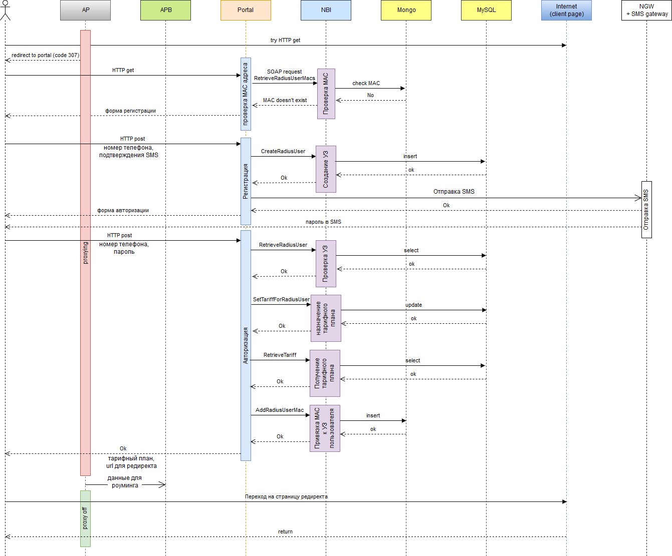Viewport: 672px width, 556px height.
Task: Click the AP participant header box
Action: (x=85, y=10)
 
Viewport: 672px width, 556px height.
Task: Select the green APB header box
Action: (x=165, y=10)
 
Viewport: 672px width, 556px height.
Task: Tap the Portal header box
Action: (x=246, y=10)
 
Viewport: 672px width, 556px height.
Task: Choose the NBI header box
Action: (x=326, y=10)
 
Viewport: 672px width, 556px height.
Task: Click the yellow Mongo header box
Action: (x=406, y=10)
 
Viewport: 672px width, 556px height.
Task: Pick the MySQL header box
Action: (x=486, y=10)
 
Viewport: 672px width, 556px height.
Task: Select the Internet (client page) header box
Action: (x=566, y=10)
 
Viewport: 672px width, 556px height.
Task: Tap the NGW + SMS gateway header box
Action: (x=646, y=10)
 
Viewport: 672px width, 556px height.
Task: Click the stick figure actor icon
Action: (x=5, y=10)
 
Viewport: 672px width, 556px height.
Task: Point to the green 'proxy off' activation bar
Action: (x=85, y=518)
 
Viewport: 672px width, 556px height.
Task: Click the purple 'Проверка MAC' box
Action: (x=326, y=94)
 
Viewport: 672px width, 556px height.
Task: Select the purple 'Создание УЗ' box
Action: (x=326, y=169)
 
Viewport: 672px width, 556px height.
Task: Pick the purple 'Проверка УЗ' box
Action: (x=326, y=264)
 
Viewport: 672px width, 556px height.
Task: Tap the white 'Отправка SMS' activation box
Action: (x=646, y=210)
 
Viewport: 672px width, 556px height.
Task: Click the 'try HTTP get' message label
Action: (x=285, y=40)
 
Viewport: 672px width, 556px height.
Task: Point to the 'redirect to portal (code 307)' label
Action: (x=45, y=55)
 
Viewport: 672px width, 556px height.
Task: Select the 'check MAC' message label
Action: (x=366, y=83)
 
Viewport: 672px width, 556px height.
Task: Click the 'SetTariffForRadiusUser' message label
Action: (x=281, y=299)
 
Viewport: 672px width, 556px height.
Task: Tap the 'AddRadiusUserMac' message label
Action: (x=280, y=410)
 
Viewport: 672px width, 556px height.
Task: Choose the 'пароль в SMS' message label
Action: (x=323, y=222)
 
